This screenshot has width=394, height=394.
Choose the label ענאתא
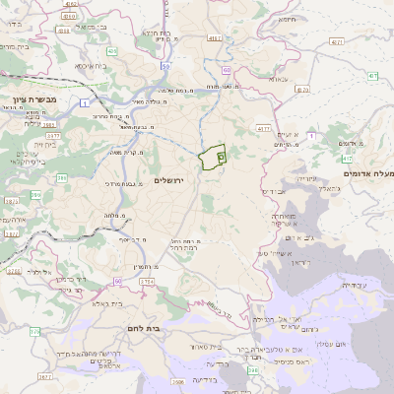[x=279, y=78]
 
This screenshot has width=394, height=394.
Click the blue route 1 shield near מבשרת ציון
[x=86, y=102]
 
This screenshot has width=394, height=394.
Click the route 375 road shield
[x=7, y=333]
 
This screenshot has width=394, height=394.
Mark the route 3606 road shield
[x=176, y=381]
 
